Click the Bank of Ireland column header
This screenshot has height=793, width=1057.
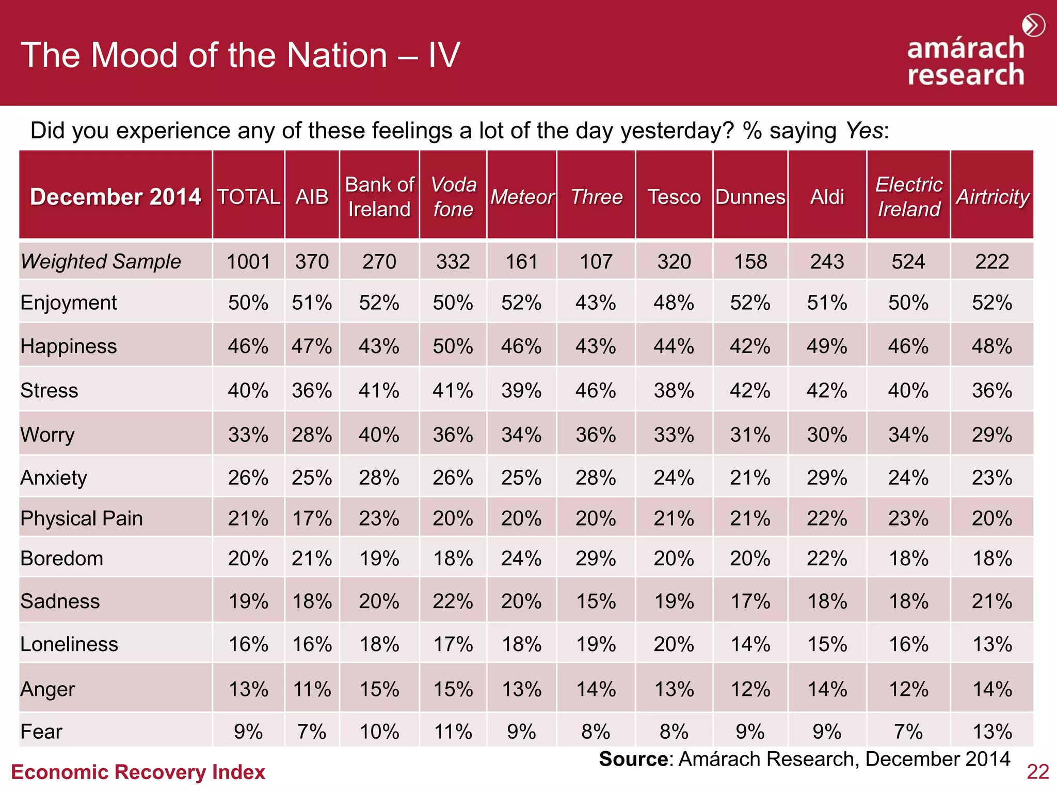click(x=379, y=197)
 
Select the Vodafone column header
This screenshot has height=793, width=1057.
click(x=453, y=197)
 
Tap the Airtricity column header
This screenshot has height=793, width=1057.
click(x=992, y=197)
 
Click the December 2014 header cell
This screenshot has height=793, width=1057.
click(x=116, y=197)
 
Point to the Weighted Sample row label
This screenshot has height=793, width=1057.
click(x=101, y=261)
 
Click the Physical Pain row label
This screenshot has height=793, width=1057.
click(x=82, y=518)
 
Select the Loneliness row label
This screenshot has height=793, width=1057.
click(x=69, y=644)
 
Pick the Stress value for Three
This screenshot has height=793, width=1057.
click(x=596, y=391)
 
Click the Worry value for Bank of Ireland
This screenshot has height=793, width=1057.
click(x=379, y=435)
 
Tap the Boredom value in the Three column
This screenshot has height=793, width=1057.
click(x=596, y=559)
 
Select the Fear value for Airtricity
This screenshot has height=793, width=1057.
click(x=992, y=732)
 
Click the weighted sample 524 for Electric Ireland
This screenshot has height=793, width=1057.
click(x=908, y=261)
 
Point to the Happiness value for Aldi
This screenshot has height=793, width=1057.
click(x=827, y=346)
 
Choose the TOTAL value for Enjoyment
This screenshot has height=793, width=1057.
click(x=248, y=303)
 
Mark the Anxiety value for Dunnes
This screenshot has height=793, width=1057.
click(x=750, y=478)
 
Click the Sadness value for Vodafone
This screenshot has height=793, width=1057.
click(x=453, y=601)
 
